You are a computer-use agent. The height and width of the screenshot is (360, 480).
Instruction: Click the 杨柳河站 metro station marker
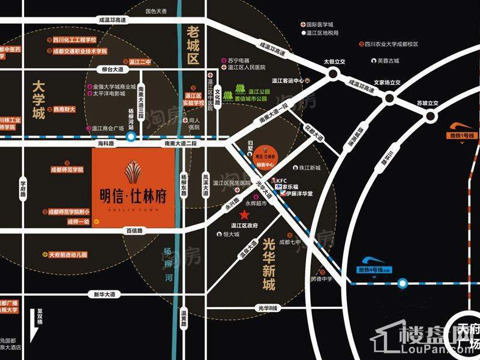tap(131, 137)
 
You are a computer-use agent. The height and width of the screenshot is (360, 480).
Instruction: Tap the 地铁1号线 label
tap(463, 137)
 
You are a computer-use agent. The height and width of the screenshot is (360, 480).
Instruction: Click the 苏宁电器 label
tap(239, 61)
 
